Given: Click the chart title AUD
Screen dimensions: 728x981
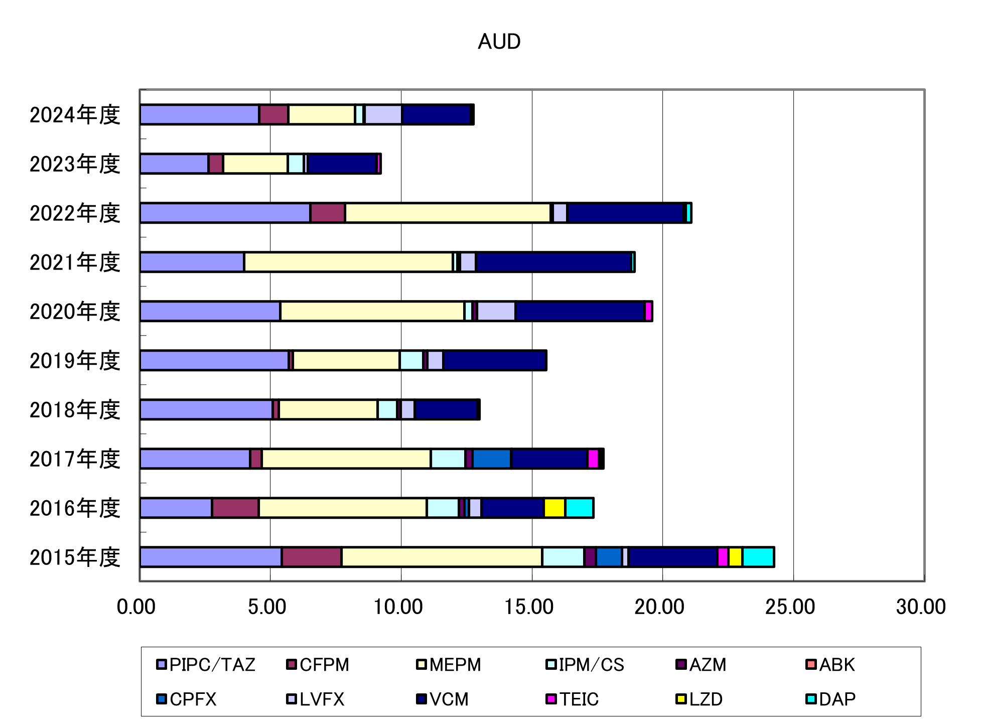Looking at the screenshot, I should pyautogui.click(x=499, y=42).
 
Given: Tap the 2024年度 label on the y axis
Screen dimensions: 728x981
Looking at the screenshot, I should pyautogui.click(x=75, y=115).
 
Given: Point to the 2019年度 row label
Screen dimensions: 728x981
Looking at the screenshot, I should pyautogui.click(x=75, y=361).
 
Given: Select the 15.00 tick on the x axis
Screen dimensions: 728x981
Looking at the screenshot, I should pyautogui.click(x=529, y=607).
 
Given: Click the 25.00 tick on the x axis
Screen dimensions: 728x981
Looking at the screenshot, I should pyautogui.click(x=790, y=607).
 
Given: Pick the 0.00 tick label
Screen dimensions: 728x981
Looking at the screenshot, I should pyautogui.click(x=136, y=607).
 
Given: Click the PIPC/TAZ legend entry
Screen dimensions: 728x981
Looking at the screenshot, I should pyautogui.click(x=206, y=665).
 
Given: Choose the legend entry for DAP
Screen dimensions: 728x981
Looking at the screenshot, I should pyautogui.click(x=831, y=699).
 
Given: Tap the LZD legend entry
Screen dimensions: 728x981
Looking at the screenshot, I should pyautogui.click(x=699, y=699).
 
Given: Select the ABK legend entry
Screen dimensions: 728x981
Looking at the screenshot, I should pyautogui.click(x=830, y=665).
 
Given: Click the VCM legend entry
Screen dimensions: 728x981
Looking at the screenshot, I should pyautogui.click(x=443, y=699).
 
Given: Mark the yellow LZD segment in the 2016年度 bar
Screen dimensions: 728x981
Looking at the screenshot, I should pyautogui.click(x=554, y=508).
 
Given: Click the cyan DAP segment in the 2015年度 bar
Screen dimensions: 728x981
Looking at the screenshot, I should pyautogui.click(x=758, y=557).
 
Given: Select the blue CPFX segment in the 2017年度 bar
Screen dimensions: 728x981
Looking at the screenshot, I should pyautogui.click(x=492, y=459).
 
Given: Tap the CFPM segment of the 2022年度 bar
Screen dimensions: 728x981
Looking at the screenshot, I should pyautogui.click(x=328, y=213).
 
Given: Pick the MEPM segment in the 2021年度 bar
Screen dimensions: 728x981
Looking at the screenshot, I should pyautogui.click(x=348, y=262).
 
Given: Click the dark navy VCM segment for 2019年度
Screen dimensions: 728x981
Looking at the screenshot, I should pyautogui.click(x=495, y=360).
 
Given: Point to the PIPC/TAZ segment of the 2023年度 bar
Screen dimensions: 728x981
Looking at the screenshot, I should pyautogui.click(x=174, y=164).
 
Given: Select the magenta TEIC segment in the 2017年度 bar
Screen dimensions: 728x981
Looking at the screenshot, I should pyautogui.click(x=593, y=459).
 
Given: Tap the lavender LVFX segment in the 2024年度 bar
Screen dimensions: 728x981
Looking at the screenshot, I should pyautogui.click(x=383, y=114).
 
